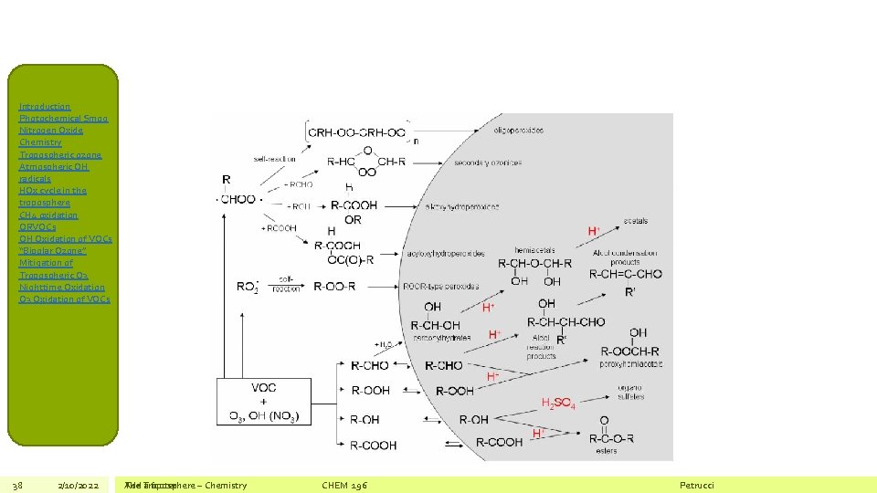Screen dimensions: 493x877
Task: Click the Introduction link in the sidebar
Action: (x=45, y=107)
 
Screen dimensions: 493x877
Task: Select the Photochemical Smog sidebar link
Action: (x=63, y=119)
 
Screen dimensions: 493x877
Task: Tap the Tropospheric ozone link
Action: (x=60, y=155)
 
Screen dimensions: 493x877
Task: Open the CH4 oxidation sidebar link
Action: (x=48, y=215)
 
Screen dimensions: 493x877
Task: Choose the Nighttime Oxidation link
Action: (x=62, y=288)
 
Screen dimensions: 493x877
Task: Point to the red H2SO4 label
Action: (x=558, y=403)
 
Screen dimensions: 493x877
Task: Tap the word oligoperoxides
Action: (x=518, y=131)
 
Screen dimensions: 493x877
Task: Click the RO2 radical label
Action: (x=247, y=287)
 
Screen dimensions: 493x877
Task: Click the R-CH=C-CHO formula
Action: (x=625, y=273)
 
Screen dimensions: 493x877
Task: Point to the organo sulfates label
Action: (x=630, y=392)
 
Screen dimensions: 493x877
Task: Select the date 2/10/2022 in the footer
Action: (x=78, y=485)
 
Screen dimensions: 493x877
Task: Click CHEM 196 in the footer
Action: (x=344, y=485)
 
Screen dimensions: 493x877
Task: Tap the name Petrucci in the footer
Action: (x=697, y=485)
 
